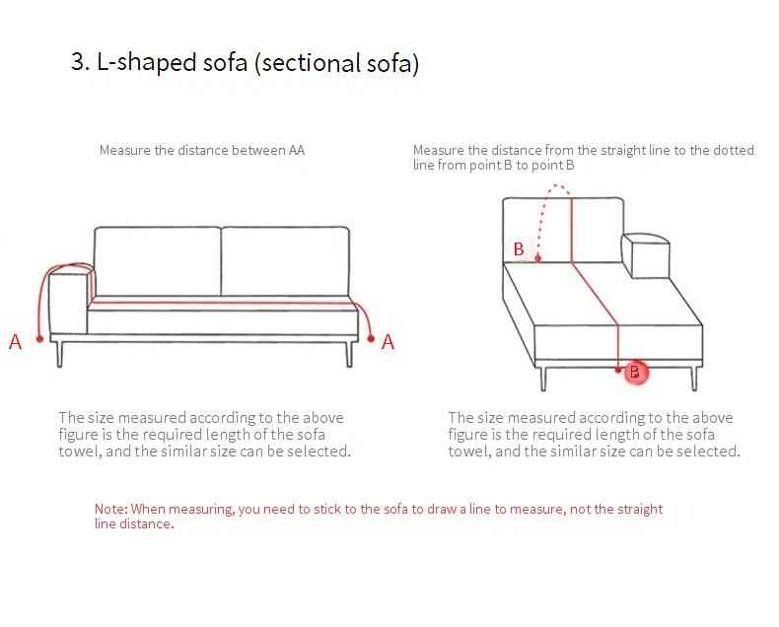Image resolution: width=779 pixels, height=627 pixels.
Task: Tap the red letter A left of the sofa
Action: [x=16, y=342]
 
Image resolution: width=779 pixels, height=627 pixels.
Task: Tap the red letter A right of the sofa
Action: [x=388, y=342]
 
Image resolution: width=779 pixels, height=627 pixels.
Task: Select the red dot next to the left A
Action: [x=39, y=339]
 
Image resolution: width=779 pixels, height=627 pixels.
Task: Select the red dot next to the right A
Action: [x=371, y=338]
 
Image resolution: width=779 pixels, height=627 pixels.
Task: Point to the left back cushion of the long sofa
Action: [x=158, y=261]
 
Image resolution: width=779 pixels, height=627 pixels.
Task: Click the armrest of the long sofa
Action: [x=69, y=301]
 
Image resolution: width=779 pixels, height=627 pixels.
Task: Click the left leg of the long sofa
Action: [x=59, y=354]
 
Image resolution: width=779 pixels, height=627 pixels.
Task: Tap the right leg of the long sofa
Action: [x=349, y=354]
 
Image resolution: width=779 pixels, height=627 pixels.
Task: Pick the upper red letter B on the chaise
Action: [x=519, y=248]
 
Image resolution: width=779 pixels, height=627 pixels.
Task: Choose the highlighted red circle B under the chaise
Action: [x=635, y=372]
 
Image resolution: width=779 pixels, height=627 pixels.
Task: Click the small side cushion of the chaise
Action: [x=646, y=256]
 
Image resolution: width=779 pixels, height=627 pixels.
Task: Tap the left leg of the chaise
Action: [x=543, y=379]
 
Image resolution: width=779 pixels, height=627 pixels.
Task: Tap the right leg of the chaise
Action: [x=694, y=379]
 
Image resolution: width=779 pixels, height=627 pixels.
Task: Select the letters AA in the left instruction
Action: [x=297, y=150]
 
